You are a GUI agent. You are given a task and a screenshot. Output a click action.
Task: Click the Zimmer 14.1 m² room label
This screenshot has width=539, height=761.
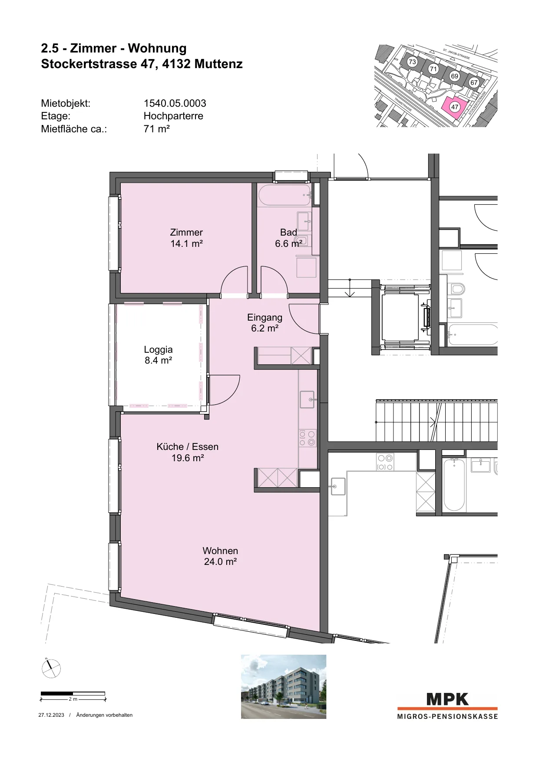[x=186, y=238]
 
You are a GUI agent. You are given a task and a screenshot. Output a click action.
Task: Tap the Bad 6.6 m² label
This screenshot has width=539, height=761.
[x=288, y=238]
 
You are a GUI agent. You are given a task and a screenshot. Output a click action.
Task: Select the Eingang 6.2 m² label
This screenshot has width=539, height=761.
[x=265, y=323]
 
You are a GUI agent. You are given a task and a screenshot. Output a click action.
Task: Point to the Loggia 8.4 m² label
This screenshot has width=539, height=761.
[x=158, y=355]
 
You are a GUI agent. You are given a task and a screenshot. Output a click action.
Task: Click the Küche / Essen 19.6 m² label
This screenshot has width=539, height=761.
[x=188, y=452]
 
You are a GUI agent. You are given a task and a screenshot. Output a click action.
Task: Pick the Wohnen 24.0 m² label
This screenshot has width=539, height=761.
[x=220, y=556]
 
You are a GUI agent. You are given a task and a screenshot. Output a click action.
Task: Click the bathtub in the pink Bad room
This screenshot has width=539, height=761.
[x=284, y=195]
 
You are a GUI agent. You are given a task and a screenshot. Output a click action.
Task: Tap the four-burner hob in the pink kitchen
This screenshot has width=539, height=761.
[x=308, y=438]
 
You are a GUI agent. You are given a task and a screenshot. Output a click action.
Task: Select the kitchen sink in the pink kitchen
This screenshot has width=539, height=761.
[x=307, y=399]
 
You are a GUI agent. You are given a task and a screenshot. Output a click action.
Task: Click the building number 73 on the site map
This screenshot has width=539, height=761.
[x=412, y=62]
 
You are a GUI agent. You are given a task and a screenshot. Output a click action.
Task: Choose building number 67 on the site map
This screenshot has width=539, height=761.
[x=474, y=82]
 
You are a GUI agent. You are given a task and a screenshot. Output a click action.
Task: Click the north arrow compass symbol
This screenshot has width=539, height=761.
[x=51, y=668]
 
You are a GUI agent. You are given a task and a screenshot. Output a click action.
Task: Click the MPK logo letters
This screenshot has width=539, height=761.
[x=447, y=699]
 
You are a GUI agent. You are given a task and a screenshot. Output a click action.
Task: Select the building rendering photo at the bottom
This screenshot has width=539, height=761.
[x=284, y=686]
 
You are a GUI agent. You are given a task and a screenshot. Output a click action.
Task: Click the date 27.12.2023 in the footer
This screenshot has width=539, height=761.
[x=51, y=715]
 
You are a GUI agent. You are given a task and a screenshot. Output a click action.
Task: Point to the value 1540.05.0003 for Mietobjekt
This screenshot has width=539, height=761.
[x=175, y=103]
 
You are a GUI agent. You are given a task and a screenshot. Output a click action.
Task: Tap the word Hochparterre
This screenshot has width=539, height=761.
[x=173, y=116]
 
